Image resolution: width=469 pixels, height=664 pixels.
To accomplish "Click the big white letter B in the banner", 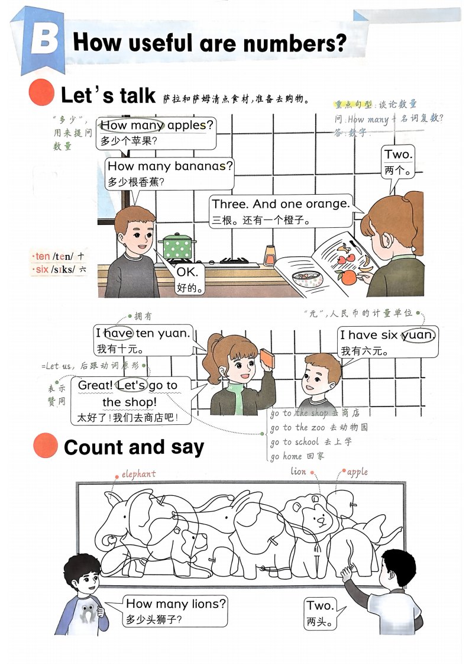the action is point(44,39).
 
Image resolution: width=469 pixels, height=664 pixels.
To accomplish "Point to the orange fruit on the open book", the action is point(349,278).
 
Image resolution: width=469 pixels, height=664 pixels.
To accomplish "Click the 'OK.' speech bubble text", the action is point(187,272).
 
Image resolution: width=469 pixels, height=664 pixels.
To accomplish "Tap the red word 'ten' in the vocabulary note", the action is point(43,256).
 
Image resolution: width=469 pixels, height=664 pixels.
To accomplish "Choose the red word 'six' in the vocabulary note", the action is point(42,269).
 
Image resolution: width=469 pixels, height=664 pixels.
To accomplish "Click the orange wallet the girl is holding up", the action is point(267,359).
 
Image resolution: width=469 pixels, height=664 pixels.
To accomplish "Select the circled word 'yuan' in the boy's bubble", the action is point(418,335).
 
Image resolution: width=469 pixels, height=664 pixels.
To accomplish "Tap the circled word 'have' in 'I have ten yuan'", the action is point(118,333).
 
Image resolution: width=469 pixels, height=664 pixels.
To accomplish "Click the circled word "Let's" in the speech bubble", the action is point(131,385).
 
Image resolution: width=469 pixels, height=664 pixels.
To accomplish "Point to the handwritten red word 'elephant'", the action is point(139,474).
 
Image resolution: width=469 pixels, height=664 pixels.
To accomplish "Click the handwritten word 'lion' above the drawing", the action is point(299,471).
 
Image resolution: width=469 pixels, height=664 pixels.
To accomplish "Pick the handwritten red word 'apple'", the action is point(358,472).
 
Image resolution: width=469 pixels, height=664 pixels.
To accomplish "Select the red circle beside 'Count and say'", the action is point(46,446).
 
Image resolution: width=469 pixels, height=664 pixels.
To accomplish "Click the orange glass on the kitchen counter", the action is point(270,256).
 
